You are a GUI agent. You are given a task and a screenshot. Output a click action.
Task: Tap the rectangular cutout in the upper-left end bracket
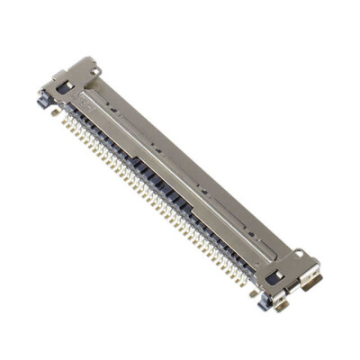(63, 87)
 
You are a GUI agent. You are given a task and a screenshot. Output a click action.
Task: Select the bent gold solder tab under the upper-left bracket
(56, 112)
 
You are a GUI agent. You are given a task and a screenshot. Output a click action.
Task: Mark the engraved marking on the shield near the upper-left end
(87, 104)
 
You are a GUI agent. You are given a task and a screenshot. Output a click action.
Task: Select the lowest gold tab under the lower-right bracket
(281, 306)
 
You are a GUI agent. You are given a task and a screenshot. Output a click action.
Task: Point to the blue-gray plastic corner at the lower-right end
(263, 302)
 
